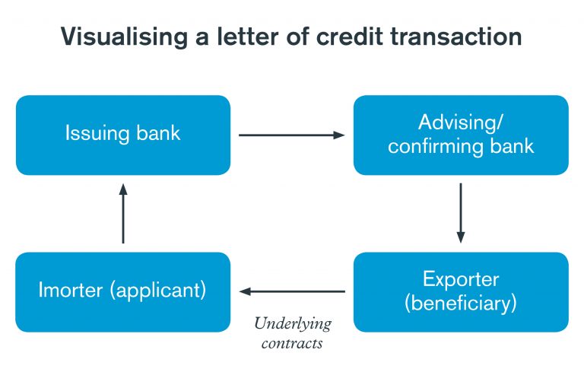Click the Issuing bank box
(122, 135)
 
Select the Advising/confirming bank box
(461, 135)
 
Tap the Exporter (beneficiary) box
(461, 291)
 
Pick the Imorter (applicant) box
(122, 291)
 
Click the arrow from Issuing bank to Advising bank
(292, 135)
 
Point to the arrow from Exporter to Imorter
(292, 291)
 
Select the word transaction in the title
(455, 37)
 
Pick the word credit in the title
(350, 37)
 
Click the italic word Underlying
(293, 323)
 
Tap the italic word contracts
(292, 342)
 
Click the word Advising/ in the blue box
(461, 122)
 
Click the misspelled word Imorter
(70, 291)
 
